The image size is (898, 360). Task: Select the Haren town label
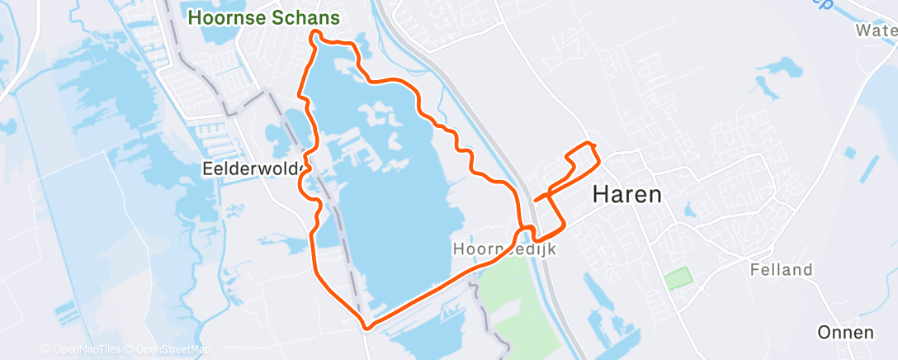click(x=627, y=195)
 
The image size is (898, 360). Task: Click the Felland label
click(x=782, y=269)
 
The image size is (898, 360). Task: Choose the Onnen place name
click(x=845, y=333)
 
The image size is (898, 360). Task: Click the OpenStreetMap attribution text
click(x=173, y=350)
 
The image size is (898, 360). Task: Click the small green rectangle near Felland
click(x=678, y=278)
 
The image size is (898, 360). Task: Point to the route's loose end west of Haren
click(x=536, y=199)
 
